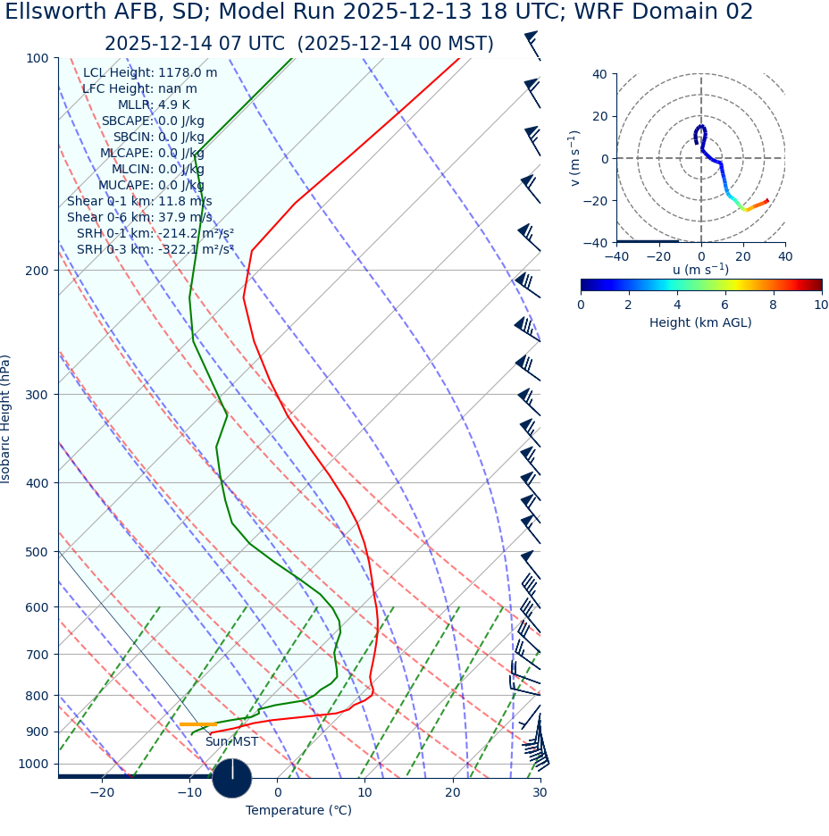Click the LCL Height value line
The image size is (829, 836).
pos(149,73)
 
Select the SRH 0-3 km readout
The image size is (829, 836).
pos(155,250)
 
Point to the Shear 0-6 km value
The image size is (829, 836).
pos(139,218)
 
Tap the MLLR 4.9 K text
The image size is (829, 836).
pos(154,105)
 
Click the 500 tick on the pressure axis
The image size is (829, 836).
pos(37,553)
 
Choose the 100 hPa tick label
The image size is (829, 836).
pos(37,59)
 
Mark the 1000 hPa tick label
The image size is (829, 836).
pos(33,765)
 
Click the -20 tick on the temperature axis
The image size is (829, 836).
pos(102,793)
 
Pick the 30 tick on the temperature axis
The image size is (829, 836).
pos(540,793)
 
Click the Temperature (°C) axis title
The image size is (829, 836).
pos(298,811)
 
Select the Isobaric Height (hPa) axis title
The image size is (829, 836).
pos(6,419)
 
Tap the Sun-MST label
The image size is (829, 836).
pos(231,742)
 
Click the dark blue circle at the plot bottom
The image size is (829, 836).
pos(232,778)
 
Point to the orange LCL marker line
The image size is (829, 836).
pos(197,724)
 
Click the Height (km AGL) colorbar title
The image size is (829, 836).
pos(700,323)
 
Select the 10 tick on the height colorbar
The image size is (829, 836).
pos(820,305)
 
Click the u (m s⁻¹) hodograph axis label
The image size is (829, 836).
pos(700,270)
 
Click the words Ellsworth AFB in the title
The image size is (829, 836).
pos(63,13)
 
